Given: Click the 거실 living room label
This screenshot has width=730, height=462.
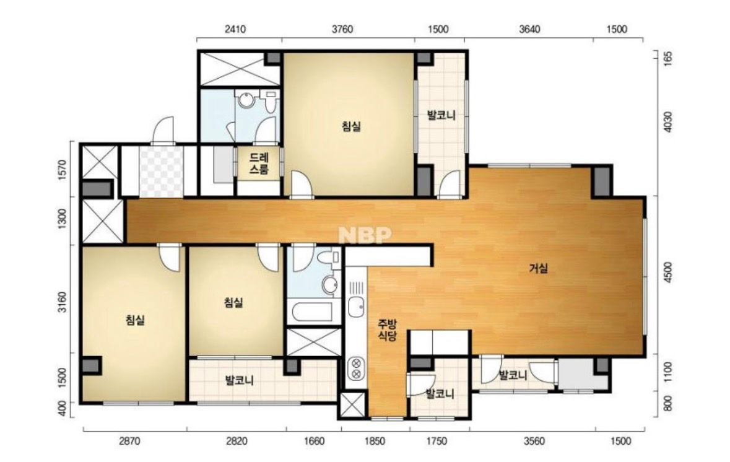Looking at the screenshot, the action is [539, 268].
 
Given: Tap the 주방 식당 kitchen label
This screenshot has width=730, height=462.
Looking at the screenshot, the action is [387, 329].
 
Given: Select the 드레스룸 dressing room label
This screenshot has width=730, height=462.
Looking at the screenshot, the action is [259, 163].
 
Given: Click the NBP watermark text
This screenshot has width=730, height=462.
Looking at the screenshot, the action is [365, 235].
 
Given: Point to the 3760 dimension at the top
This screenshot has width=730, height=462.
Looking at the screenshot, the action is [342, 29].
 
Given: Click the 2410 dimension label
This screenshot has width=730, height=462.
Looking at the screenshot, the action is [235, 29].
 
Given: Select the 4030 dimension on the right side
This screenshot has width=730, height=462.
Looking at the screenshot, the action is [668, 121].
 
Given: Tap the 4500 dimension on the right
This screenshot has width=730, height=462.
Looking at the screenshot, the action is [668, 272].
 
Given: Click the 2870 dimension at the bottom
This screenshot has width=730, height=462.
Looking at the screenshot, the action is [129, 441].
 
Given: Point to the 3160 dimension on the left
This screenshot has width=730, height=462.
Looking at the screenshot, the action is [63, 302].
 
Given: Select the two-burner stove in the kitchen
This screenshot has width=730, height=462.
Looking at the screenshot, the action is [356, 367].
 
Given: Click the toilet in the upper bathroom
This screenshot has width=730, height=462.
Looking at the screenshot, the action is [270, 102].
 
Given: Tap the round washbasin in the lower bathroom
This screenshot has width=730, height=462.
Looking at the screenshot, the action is [331, 284].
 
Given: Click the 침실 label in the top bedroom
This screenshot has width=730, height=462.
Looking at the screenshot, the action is [352, 126].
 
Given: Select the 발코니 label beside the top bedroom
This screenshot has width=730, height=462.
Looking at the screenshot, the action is [441, 115].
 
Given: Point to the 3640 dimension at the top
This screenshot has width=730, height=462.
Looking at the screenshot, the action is [529, 29].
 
